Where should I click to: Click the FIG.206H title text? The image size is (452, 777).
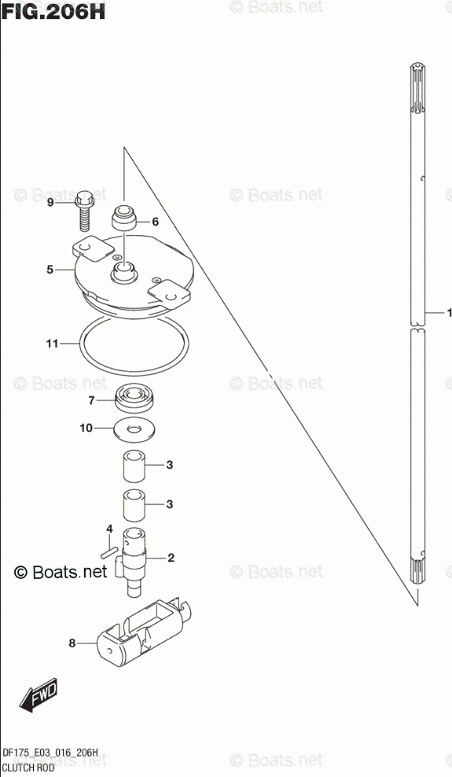pos(53,11)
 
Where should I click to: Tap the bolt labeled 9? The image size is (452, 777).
pos(85,211)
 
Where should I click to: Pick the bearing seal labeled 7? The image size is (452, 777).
pos(135,399)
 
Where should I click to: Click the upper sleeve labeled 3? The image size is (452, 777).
pos(134,466)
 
